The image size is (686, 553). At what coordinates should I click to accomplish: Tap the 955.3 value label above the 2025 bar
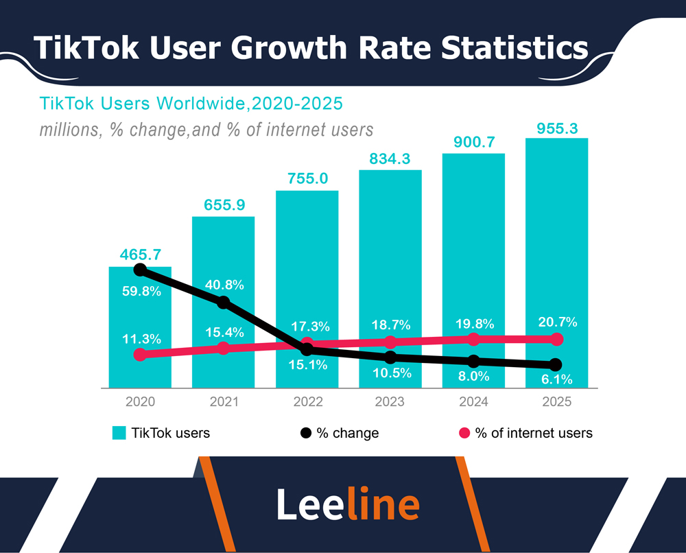[x=556, y=128]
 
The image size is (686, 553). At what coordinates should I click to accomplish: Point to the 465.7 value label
[x=140, y=255]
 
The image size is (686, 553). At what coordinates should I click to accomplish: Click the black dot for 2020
[x=140, y=270]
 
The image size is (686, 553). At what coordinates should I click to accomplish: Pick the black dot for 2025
[x=556, y=364]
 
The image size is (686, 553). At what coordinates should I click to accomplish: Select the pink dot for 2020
[x=140, y=355]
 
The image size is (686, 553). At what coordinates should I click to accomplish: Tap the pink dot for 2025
[x=556, y=339]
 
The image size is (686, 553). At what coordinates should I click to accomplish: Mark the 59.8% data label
[x=141, y=292]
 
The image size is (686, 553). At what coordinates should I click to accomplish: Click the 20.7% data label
[x=557, y=322]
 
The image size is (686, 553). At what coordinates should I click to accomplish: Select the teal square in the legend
[x=119, y=433]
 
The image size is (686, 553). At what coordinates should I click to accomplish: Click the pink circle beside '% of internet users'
[x=464, y=433]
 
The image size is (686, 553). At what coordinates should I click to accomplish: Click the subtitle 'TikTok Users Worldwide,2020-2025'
[x=191, y=104]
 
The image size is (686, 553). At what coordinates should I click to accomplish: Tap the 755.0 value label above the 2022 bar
[x=307, y=180]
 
